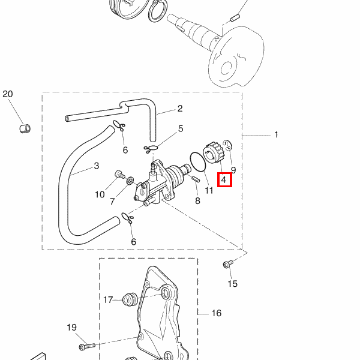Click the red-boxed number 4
(x=223, y=179)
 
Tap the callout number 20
(x=7, y=94)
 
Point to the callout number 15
(x=232, y=283)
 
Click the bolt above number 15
(x=227, y=263)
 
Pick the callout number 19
(x=71, y=328)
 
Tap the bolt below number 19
(x=86, y=346)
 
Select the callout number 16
(x=216, y=313)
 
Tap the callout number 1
(x=276, y=134)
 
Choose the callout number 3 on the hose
(x=96, y=166)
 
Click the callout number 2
(x=179, y=109)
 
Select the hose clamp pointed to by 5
(x=151, y=148)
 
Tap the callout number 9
(x=233, y=170)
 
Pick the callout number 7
(x=112, y=202)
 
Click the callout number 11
(x=209, y=191)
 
